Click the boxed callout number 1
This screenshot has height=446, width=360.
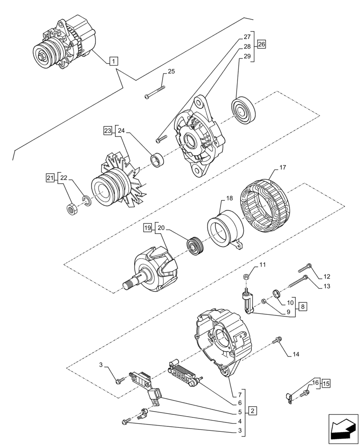[x=114, y=61]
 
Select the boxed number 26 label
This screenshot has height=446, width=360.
[x=261, y=44]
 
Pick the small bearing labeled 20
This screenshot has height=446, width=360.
[x=194, y=247]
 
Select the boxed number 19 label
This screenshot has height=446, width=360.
[x=147, y=228]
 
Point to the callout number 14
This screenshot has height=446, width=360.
[x=295, y=355]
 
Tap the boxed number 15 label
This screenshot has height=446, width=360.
[x=326, y=383]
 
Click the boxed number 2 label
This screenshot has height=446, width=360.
[x=252, y=410]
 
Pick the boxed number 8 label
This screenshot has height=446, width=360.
[x=303, y=306]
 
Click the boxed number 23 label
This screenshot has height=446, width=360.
[x=107, y=131]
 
